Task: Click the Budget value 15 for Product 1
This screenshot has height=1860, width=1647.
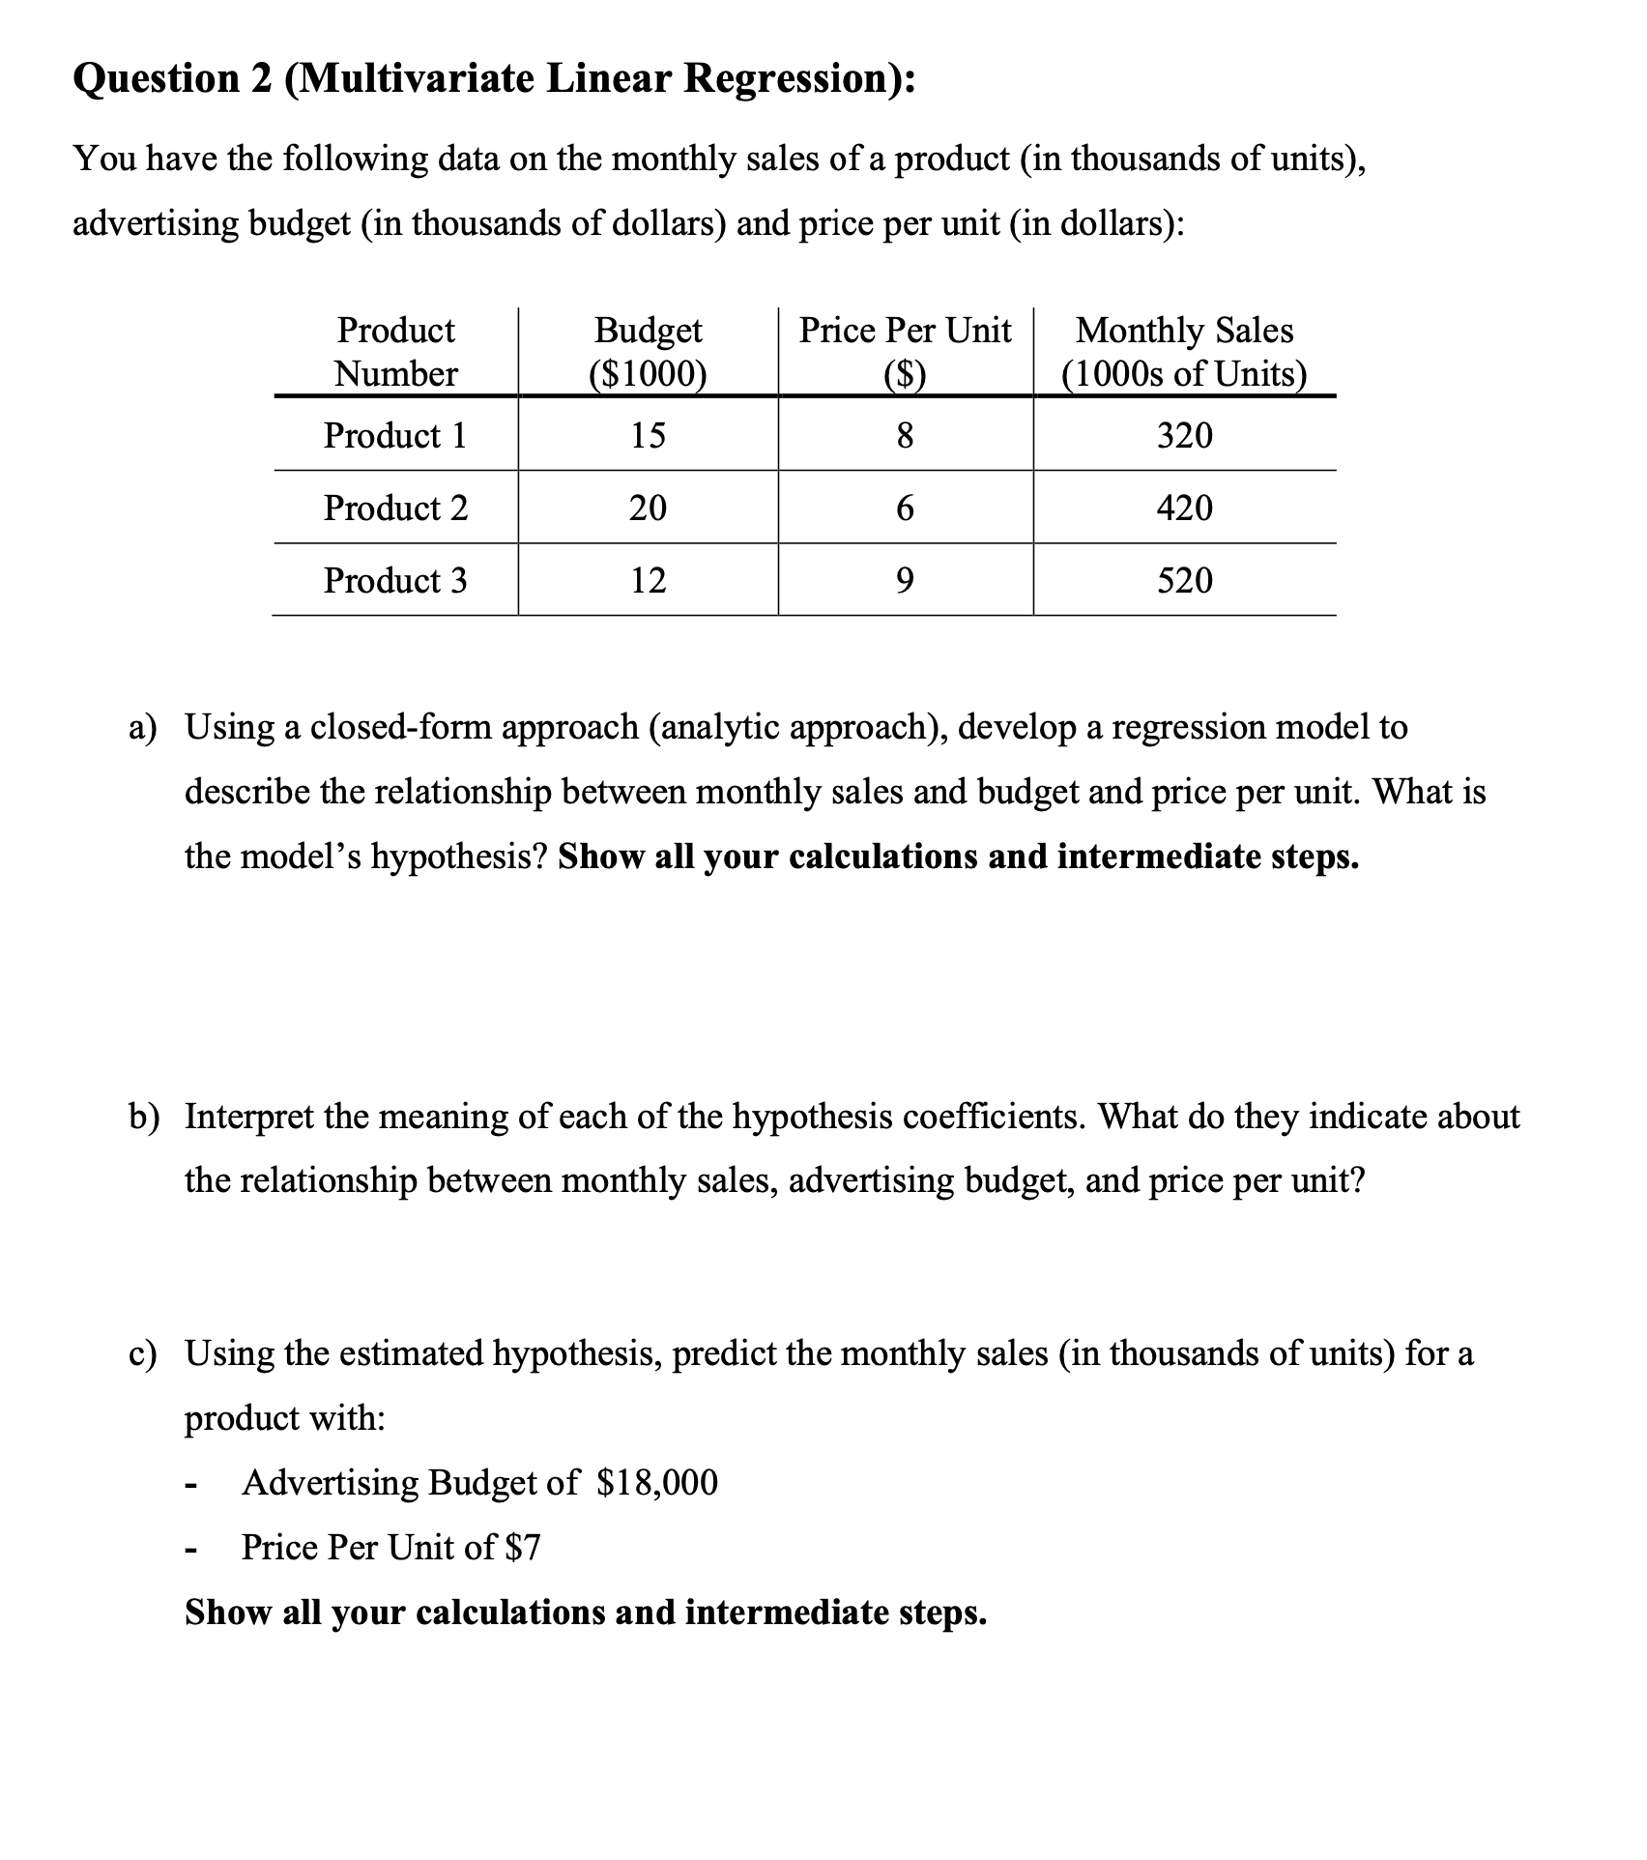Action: click(x=648, y=436)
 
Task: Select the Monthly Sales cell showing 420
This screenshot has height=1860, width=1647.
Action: click(x=1184, y=508)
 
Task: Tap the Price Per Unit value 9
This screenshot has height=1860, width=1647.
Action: click(x=904, y=580)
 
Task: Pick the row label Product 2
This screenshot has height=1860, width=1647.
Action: click(x=395, y=508)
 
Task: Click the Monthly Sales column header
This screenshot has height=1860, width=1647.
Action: click(x=1184, y=352)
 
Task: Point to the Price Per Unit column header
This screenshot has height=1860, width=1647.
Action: click(x=905, y=352)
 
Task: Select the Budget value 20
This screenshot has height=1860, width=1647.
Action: click(x=648, y=508)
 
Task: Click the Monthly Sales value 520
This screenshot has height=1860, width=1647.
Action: click(x=1184, y=580)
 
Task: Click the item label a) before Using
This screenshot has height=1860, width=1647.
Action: click(x=144, y=727)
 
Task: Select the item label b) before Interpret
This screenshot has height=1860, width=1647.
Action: click(x=145, y=1117)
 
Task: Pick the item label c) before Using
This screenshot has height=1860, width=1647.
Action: click(x=144, y=1353)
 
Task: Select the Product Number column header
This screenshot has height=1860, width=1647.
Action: click(x=395, y=352)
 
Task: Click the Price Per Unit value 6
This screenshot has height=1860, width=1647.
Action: click(x=904, y=508)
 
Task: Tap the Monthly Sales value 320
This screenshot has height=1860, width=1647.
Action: click(x=1184, y=436)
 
